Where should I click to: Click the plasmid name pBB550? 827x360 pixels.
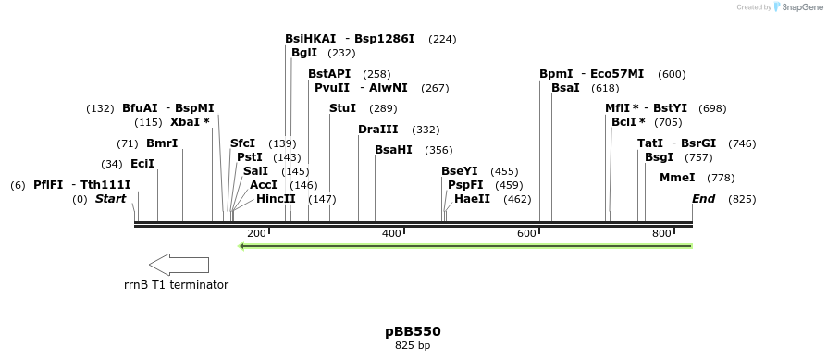click(413, 330)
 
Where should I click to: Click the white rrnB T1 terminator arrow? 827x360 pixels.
click(179, 264)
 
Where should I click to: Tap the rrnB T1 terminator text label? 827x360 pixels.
click(176, 284)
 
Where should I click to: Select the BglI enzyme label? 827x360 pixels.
click(304, 53)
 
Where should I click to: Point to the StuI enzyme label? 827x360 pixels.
click(342, 108)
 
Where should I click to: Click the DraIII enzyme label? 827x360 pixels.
click(377, 130)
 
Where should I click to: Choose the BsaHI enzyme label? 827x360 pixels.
click(393, 150)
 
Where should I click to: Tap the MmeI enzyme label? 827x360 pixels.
click(677, 178)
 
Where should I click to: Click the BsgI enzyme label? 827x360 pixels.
click(660, 157)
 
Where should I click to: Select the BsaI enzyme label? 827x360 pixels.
click(565, 87)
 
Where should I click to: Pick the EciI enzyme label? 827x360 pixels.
click(142, 164)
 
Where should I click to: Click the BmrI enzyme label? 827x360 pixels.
click(162, 143)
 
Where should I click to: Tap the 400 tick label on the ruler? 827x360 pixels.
click(391, 233)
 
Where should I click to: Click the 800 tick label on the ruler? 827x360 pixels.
click(661, 233)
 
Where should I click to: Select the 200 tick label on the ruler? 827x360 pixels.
click(256, 233)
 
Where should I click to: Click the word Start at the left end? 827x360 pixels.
click(110, 199)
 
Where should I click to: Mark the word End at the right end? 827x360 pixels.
click(704, 199)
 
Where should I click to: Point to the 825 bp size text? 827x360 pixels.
click(413, 346)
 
